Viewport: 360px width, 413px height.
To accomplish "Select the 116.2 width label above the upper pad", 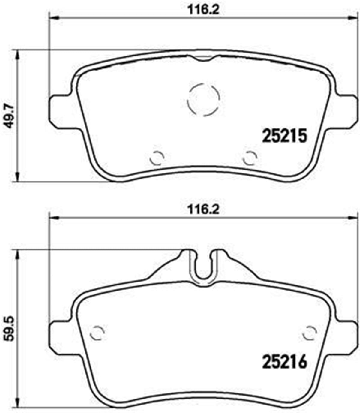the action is point(203,9).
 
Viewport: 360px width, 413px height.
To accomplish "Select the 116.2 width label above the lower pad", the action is point(203,210).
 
